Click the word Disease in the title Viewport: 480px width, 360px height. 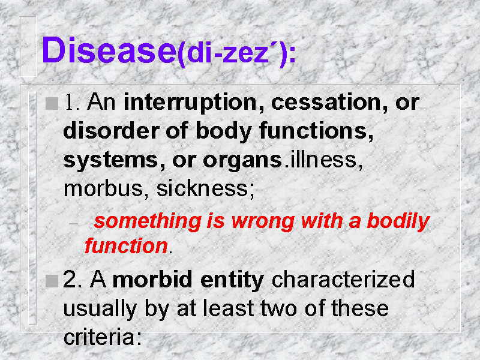pyautogui.click(x=109, y=50)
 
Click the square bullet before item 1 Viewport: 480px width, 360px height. pyautogui.click(x=52, y=103)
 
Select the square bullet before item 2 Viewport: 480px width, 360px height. pyautogui.click(x=52, y=281)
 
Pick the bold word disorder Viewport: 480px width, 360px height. pyautogui.click(x=111, y=130)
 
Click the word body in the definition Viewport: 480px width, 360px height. pyautogui.click(x=224, y=131)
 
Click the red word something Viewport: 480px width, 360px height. pyautogui.click(x=148, y=221)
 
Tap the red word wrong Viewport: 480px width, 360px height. pyautogui.click(x=263, y=221)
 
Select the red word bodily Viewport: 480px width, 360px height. pyautogui.click(x=398, y=221)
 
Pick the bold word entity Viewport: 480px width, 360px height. pyautogui.click(x=232, y=280)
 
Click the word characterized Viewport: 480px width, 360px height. pyautogui.click(x=343, y=279)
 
